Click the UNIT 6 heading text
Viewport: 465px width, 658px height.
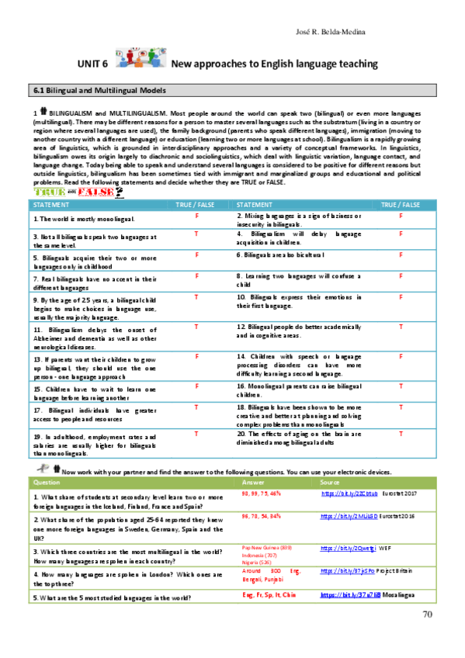[92, 65]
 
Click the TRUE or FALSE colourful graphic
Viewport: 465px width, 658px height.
[78, 192]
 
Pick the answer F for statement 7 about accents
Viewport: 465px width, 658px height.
[197, 275]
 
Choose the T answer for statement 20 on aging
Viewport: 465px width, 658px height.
[400, 433]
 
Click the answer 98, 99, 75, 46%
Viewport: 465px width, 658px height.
[261, 493]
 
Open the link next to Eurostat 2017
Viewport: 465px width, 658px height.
[338, 493]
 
